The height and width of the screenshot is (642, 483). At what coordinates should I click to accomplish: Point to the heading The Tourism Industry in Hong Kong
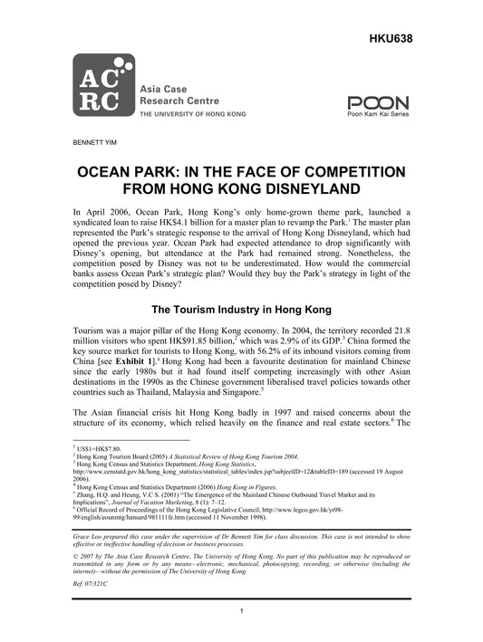click(x=240, y=308)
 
